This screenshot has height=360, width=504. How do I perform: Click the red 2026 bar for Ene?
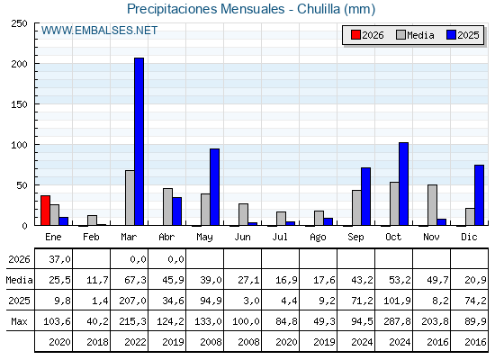point(45,211)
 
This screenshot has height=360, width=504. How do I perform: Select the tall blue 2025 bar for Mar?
point(139,141)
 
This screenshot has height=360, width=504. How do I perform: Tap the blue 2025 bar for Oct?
point(404,184)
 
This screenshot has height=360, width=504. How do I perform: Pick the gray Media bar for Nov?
point(432,205)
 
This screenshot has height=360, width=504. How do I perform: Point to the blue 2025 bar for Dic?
point(479,195)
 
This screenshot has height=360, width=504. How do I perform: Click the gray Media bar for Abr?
point(167,207)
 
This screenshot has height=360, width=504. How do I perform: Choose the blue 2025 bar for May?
point(215,187)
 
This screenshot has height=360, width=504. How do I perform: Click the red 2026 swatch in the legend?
point(355,35)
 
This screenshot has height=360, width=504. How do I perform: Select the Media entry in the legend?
point(415,35)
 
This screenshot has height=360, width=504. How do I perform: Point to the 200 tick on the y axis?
point(36,64)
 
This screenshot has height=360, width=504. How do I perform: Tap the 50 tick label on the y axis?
point(22,185)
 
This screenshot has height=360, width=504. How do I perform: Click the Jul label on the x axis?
point(280,237)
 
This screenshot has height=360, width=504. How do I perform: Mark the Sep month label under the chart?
point(355,238)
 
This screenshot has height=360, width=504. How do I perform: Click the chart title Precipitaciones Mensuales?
point(206,9)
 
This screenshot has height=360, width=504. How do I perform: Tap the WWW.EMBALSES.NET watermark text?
point(99,31)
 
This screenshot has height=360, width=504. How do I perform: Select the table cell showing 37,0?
point(59,259)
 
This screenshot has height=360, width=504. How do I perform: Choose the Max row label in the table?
point(19,321)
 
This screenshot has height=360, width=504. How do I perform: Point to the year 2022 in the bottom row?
point(135,342)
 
